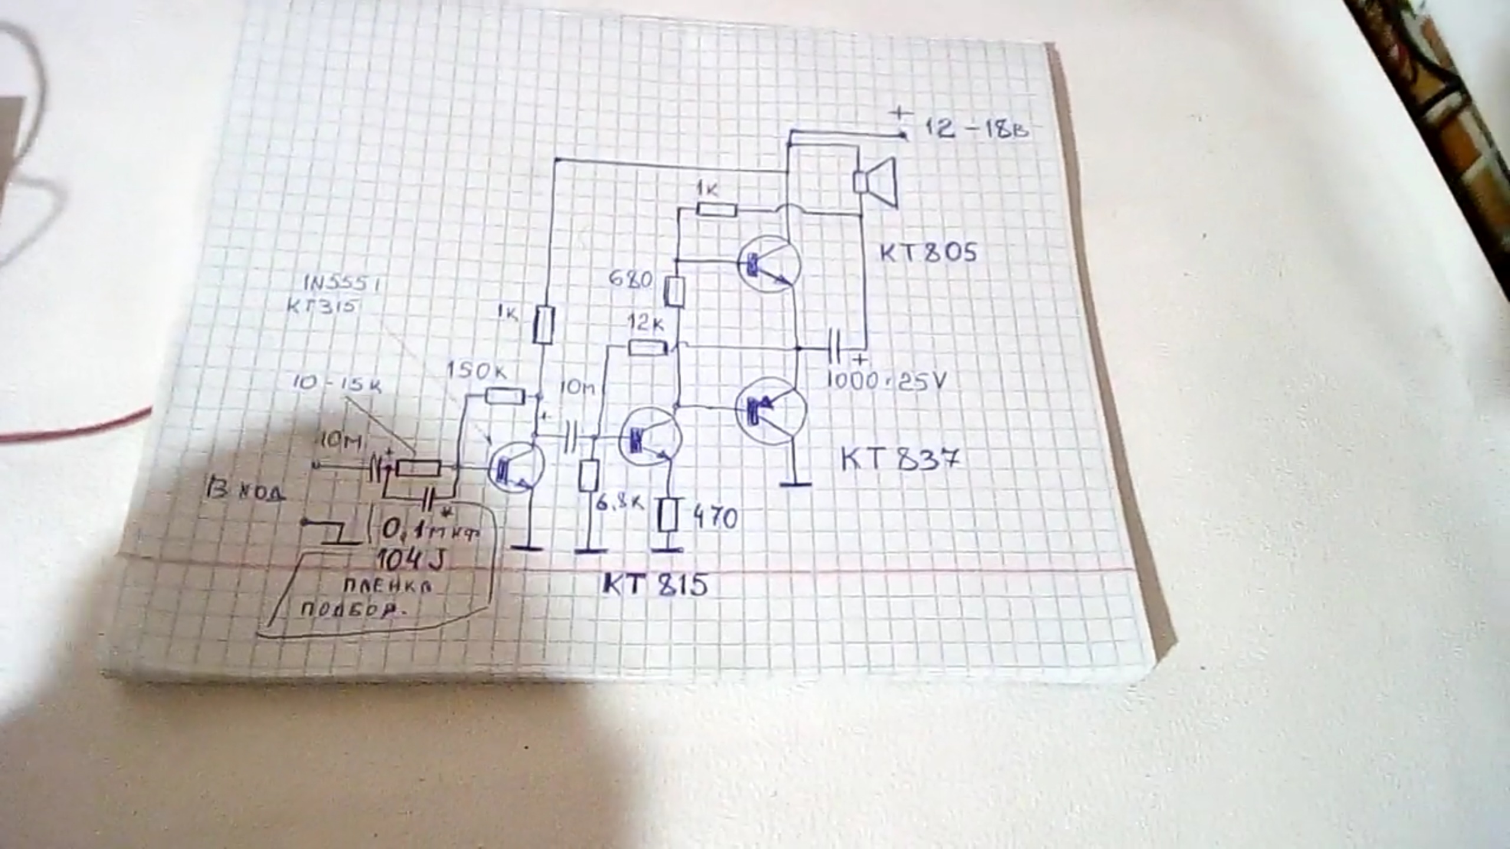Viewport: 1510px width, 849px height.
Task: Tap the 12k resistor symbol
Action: pos(648,347)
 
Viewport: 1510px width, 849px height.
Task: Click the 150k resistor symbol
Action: pos(505,396)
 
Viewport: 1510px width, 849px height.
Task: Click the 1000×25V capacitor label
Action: pos(886,381)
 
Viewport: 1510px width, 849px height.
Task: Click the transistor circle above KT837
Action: pos(772,411)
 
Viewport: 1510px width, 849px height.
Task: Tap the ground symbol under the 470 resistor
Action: pos(667,550)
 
